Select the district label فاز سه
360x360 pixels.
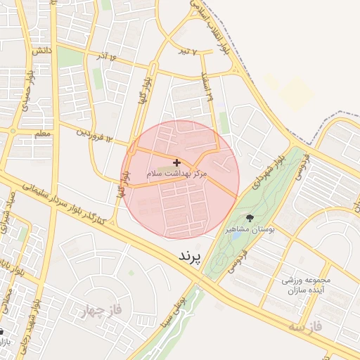click(x=304, y=328)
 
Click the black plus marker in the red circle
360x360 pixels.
click(x=176, y=162)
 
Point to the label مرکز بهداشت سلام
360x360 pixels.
click(x=176, y=173)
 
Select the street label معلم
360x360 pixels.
click(x=43, y=133)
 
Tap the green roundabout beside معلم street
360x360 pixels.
click(x=12, y=131)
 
